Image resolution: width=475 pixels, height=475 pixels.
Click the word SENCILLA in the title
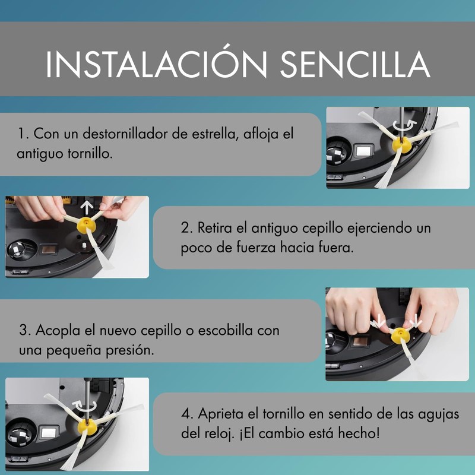(355, 64)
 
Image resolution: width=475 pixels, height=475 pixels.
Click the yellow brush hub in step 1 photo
(402, 144)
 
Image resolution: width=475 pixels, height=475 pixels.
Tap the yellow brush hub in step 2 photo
(87, 224)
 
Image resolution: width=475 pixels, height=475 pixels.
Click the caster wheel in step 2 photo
(18, 250)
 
